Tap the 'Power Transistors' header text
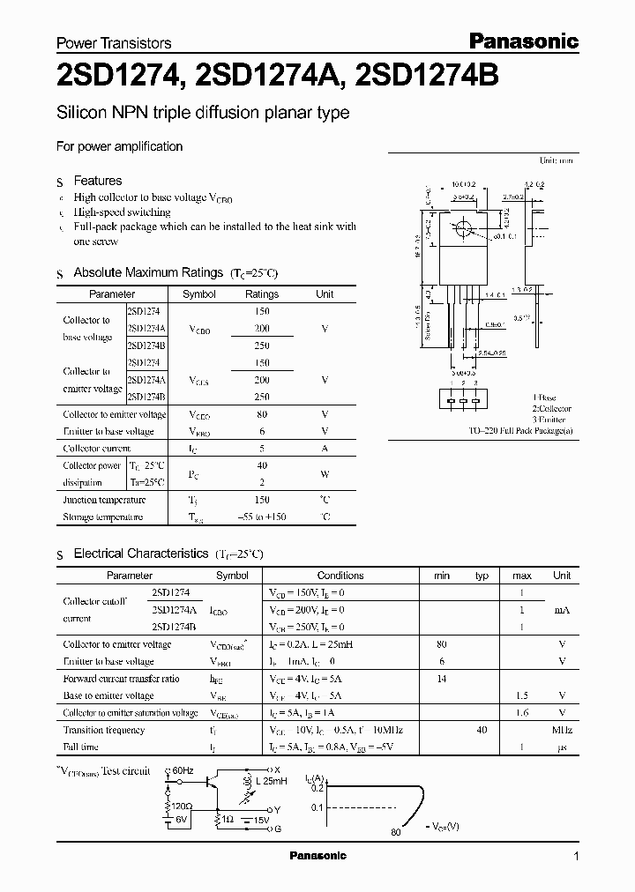coord(114,42)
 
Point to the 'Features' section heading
coord(97,181)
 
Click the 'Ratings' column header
coord(261,294)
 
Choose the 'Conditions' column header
coord(340,576)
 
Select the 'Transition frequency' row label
coord(103,731)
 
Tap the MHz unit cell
coord(561,731)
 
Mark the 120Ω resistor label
coord(182,807)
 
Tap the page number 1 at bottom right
coord(576,857)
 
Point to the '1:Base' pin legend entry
coord(545,398)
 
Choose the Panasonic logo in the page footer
coord(317,856)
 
